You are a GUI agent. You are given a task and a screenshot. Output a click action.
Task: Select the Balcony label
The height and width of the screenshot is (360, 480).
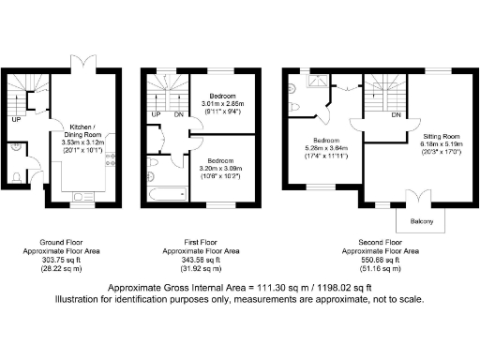(419, 222)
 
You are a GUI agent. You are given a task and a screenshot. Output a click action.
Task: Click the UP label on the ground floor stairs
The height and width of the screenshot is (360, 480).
(16, 120)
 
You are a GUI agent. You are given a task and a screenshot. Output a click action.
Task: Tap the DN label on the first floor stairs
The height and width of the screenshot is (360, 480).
(178, 115)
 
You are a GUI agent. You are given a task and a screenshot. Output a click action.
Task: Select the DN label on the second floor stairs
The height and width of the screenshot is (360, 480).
(397, 115)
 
